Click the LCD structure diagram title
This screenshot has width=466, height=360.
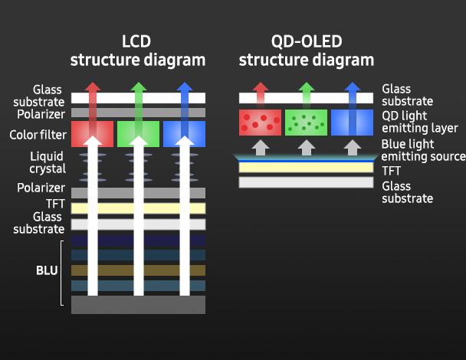point(138,50)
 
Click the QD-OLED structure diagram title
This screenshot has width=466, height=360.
point(307,50)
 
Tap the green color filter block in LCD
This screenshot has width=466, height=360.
point(138,133)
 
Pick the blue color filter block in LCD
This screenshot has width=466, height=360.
point(184,133)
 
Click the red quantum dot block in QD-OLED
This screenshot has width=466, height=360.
point(260,122)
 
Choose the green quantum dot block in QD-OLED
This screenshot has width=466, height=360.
point(306,122)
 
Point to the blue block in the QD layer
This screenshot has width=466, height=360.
point(352,122)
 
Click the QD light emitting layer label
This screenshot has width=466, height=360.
point(419,122)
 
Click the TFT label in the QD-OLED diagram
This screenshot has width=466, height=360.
point(391,170)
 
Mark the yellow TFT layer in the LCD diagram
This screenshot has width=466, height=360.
point(138,208)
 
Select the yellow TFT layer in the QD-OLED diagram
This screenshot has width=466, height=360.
point(306,168)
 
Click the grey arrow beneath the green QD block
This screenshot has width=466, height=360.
point(306,146)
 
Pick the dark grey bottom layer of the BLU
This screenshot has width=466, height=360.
point(138,304)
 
